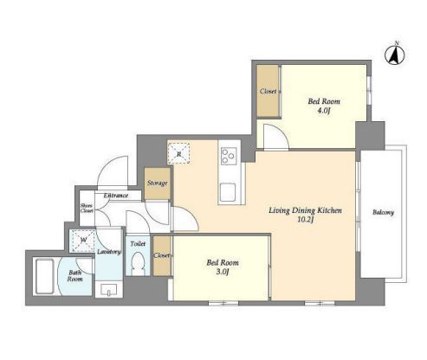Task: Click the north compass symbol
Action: (395, 55)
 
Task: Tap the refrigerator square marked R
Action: (178, 153)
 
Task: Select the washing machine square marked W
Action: (83, 240)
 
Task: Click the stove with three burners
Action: (229, 156)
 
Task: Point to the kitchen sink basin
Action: (228, 192)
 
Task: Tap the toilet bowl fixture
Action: (138, 264)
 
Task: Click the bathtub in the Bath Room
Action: (44, 276)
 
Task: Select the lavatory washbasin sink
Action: (108, 290)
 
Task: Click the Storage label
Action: (158, 183)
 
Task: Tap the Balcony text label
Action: (383, 212)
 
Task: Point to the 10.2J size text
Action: (306, 220)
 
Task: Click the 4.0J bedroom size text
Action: (324, 111)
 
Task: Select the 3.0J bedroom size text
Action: (223, 272)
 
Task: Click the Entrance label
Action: (116, 196)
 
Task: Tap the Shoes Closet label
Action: (87, 208)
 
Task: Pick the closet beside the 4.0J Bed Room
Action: (268, 91)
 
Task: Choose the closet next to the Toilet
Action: (162, 256)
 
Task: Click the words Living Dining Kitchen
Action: (305, 210)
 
